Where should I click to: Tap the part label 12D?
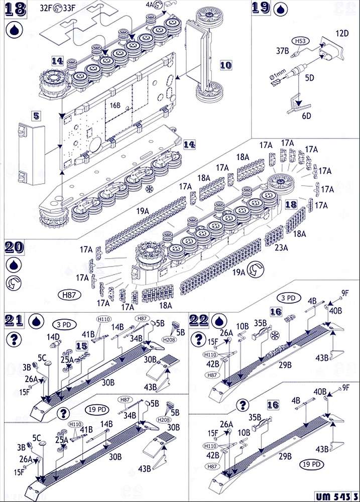(342, 33)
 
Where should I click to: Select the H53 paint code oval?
(299, 40)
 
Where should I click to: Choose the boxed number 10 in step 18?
(226, 65)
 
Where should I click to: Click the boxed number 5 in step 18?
(36, 114)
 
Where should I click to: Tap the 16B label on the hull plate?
(115, 105)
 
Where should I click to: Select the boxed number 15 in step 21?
(81, 346)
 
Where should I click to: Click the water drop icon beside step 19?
(280, 9)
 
